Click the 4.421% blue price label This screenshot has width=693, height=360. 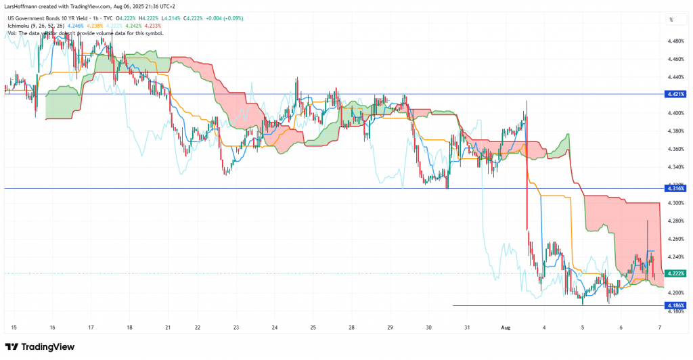click(x=676, y=94)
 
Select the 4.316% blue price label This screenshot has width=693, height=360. click(x=676, y=189)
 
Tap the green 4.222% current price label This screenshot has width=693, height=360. click(x=676, y=273)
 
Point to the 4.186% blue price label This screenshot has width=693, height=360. click(x=676, y=306)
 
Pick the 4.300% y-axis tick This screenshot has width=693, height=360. click(x=676, y=203)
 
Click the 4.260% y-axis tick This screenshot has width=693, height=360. click(x=676, y=239)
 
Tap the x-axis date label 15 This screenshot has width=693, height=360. click(x=14, y=328)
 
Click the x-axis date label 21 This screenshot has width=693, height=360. click(x=168, y=328)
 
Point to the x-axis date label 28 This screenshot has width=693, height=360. click(x=352, y=328)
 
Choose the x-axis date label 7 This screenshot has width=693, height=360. click(x=659, y=328)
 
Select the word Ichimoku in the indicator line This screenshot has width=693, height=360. click(x=18, y=25)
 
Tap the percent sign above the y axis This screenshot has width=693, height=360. click(x=671, y=20)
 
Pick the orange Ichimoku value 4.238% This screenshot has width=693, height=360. click(x=104, y=25)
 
